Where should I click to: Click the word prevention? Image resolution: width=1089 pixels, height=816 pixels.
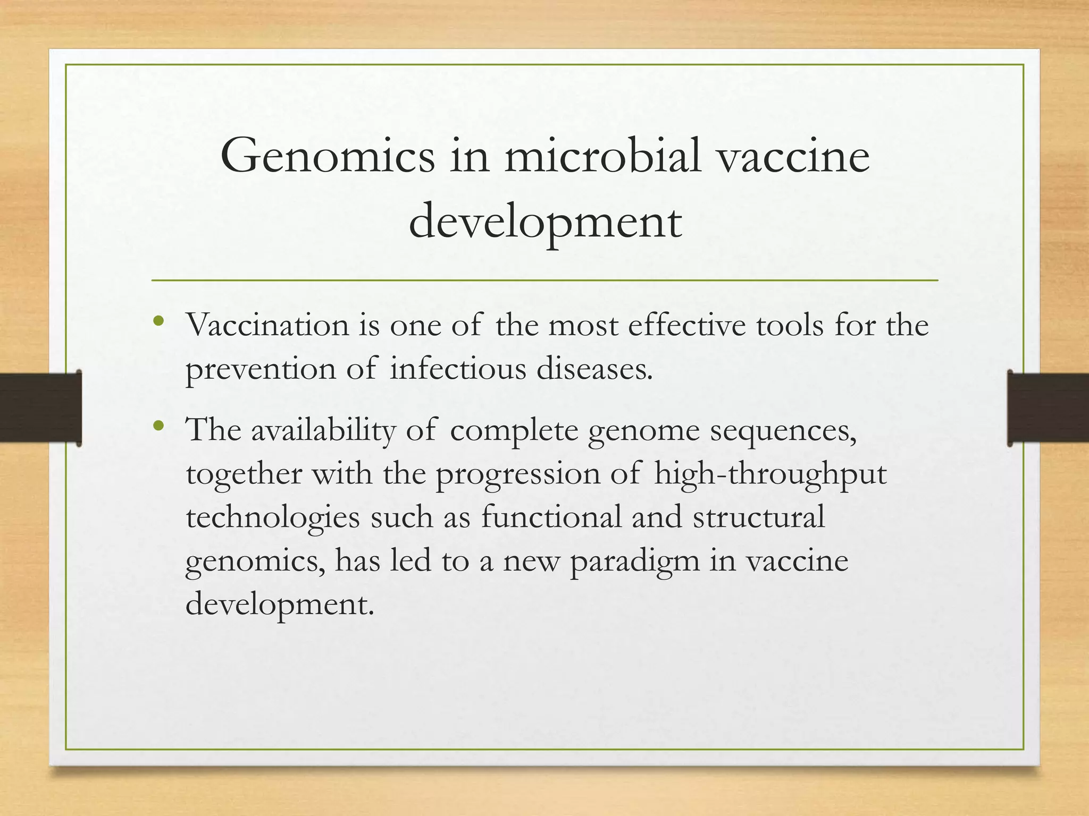pyautogui.click(x=261, y=369)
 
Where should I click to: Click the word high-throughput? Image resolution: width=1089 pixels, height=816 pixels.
pyautogui.click(x=770, y=474)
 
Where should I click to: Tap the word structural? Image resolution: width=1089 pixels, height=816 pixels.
pyautogui.click(x=759, y=516)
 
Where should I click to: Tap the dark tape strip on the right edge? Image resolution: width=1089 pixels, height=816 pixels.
pyautogui.click(x=1048, y=408)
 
